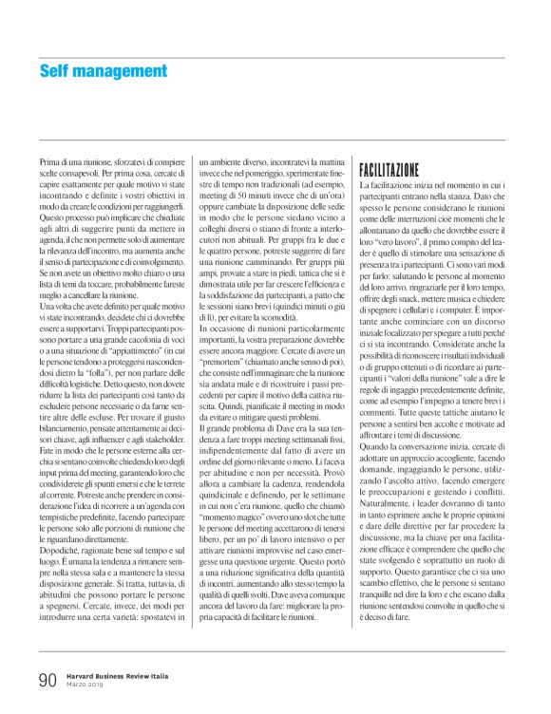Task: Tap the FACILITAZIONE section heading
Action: (x=389, y=171)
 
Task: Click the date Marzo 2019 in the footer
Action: (x=87, y=686)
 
